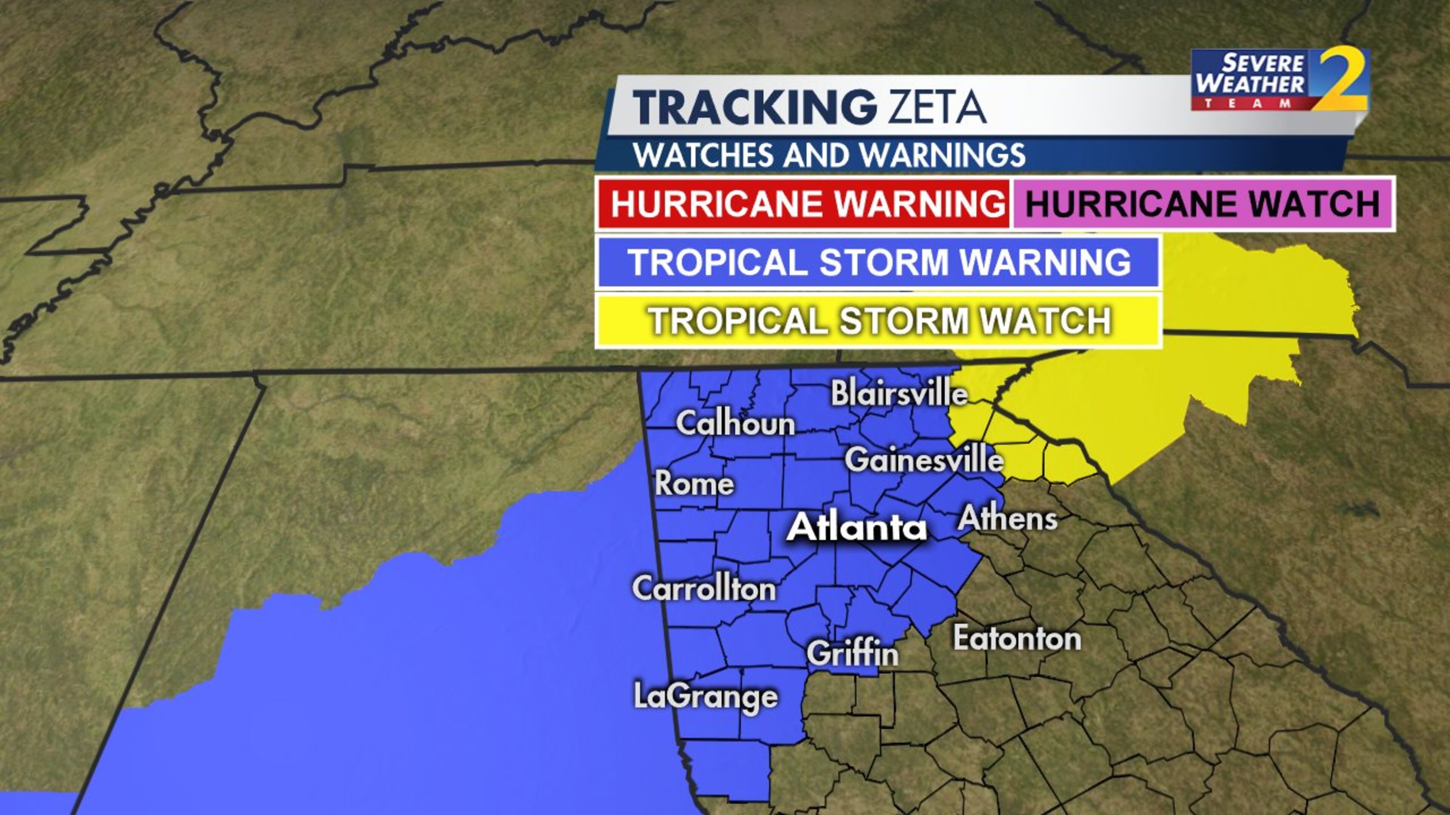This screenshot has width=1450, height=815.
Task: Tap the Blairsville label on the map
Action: pyautogui.click(x=899, y=393)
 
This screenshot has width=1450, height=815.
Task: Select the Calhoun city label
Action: pyautogui.click(x=735, y=423)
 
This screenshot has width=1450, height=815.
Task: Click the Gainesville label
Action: pyautogui.click(x=924, y=460)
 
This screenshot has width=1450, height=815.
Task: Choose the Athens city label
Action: pyautogui.click(x=1007, y=518)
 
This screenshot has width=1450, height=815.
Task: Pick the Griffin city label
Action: pyautogui.click(x=852, y=654)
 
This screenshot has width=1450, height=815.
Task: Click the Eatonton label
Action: pyautogui.click(x=1017, y=638)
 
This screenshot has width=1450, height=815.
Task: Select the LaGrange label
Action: pyautogui.click(x=706, y=696)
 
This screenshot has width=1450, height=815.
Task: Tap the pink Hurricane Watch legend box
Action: pyautogui.click(x=1203, y=203)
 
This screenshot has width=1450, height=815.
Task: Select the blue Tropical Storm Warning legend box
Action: pyautogui.click(x=878, y=262)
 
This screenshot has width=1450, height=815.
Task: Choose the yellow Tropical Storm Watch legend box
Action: pyautogui.click(x=878, y=321)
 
